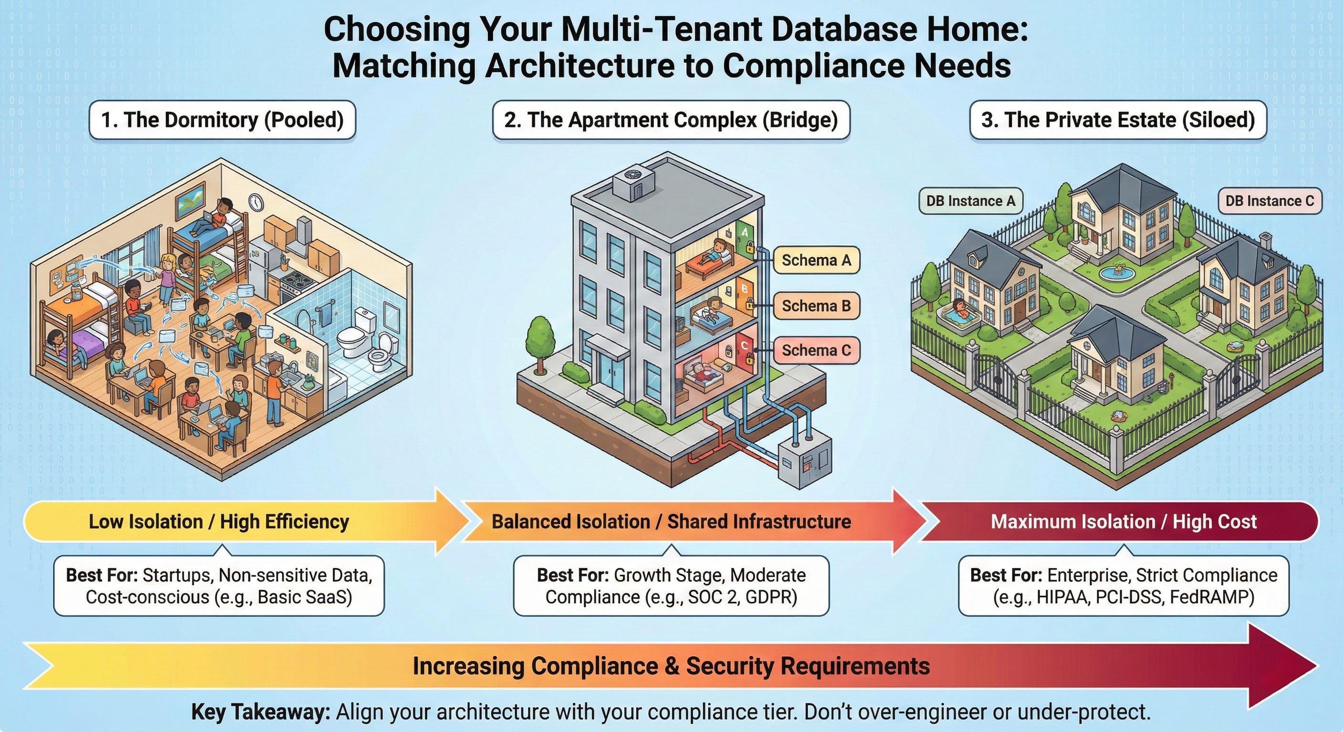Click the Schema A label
click(816, 260)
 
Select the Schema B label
click(816, 305)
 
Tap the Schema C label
click(816, 350)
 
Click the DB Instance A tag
click(970, 201)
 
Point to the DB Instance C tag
click(1270, 201)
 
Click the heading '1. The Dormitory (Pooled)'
click(222, 120)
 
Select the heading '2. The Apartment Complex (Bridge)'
click(671, 120)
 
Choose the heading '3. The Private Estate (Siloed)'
click(1118, 120)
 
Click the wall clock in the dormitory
click(256, 202)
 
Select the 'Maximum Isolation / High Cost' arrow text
click(1124, 521)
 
